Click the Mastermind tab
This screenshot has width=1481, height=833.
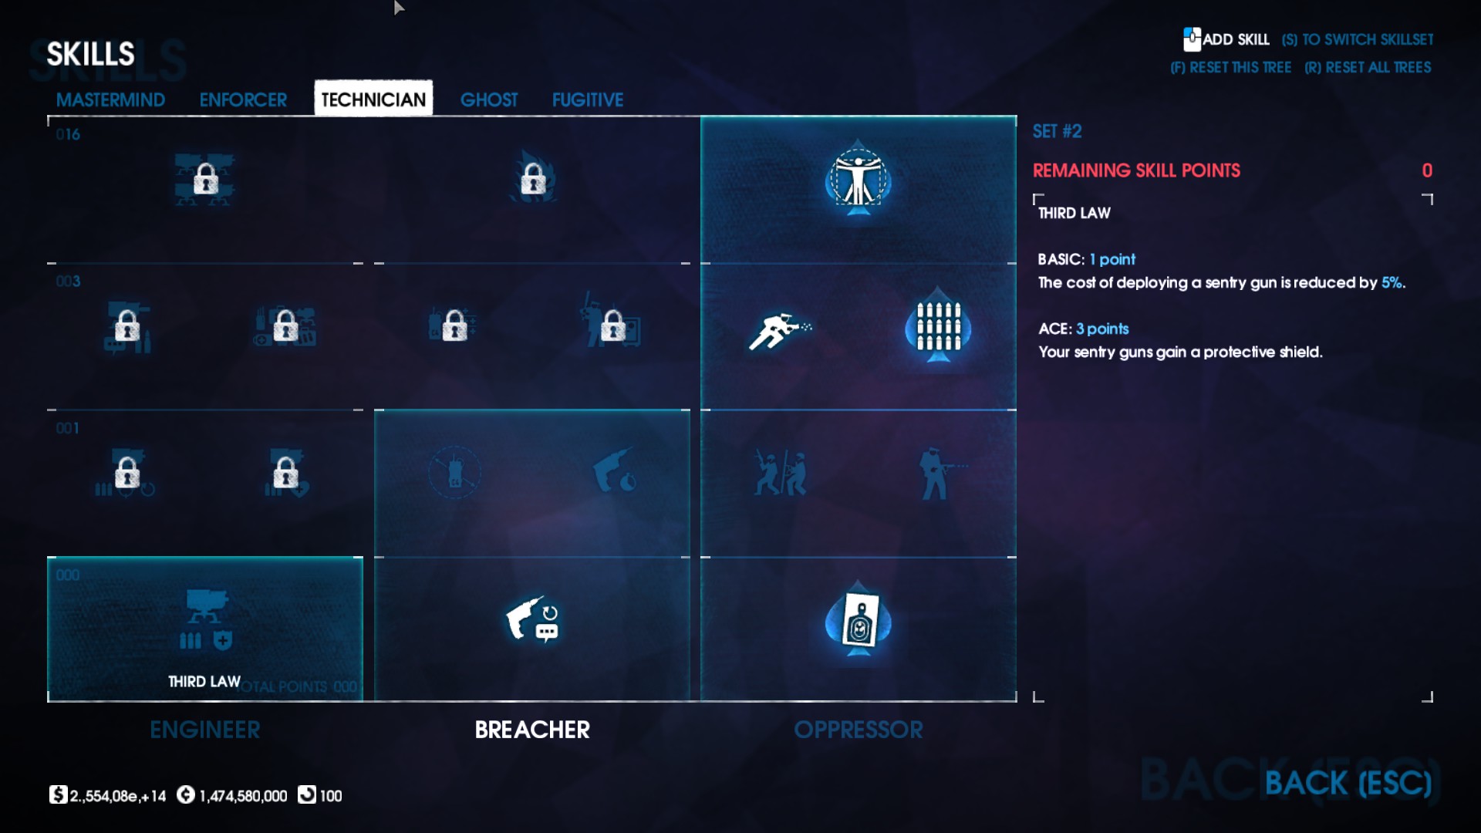click(110, 100)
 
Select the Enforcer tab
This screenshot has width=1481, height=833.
click(243, 100)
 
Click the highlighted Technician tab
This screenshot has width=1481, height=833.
click(373, 99)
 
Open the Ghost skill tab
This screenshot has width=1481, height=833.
click(489, 100)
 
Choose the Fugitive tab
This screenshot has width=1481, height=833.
click(588, 100)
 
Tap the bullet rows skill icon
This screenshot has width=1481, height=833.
click(938, 327)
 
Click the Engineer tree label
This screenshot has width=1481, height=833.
click(205, 730)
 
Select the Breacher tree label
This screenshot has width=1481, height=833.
click(532, 730)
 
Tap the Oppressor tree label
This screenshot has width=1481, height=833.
click(859, 730)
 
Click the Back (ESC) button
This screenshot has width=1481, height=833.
click(1348, 784)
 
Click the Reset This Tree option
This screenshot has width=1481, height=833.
click(1231, 68)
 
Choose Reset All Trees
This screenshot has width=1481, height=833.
click(1368, 68)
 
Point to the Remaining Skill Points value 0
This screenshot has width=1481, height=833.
click(1427, 170)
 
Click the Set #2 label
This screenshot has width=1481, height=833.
click(1058, 131)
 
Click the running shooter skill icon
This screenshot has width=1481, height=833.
click(779, 332)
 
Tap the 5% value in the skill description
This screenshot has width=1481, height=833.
click(1392, 283)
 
